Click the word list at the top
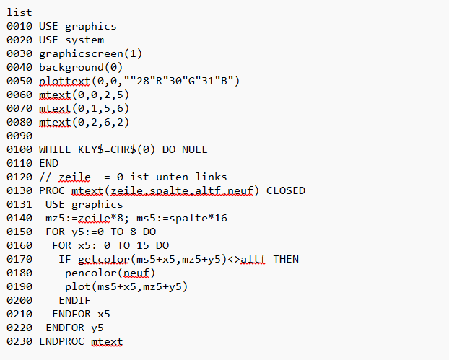point(19,12)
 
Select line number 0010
point(19,26)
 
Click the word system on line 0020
point(84,40)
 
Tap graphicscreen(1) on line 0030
point(90,54)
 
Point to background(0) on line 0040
point(81,67)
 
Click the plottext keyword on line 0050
point(65,81)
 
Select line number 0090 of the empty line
point(19,136)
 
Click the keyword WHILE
point(55,149)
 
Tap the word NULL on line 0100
point(194,149)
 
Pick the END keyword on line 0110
point(48,163)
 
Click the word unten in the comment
point(172,177)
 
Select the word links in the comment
point(211,177)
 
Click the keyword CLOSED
point(286,190)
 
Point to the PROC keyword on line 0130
point(52,190)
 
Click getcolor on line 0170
point(104,259)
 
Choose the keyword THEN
point(286,259)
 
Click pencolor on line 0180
point(91,273)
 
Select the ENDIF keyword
point(74,300)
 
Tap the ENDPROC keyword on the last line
point(61,341)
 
